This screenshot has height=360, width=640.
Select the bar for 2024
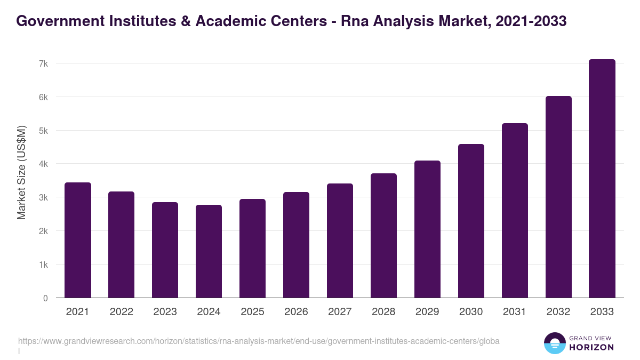(209, 251)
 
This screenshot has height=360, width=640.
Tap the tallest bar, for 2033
(602, 179)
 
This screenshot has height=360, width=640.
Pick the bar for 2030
(471, 221)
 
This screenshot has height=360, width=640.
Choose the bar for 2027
(340, 241)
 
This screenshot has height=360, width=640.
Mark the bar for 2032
(558, 197)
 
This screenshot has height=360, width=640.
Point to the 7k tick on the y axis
(43, 63)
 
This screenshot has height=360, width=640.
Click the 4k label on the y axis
(43, 164)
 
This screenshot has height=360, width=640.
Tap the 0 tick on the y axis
(45, 298)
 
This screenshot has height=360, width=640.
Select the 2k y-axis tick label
(43, 231)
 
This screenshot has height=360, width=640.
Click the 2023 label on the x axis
(165, 312)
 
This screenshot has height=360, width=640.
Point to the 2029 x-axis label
(427, 312)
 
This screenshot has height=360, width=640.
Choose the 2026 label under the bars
(296, 312)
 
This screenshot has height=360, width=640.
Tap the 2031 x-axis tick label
(515, 312)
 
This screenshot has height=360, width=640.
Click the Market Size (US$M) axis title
(21, 172)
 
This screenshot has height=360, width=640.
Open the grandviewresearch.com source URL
(259, 341)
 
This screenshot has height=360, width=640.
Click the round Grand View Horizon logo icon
(555, 343)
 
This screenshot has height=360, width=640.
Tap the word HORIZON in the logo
(592, 347)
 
